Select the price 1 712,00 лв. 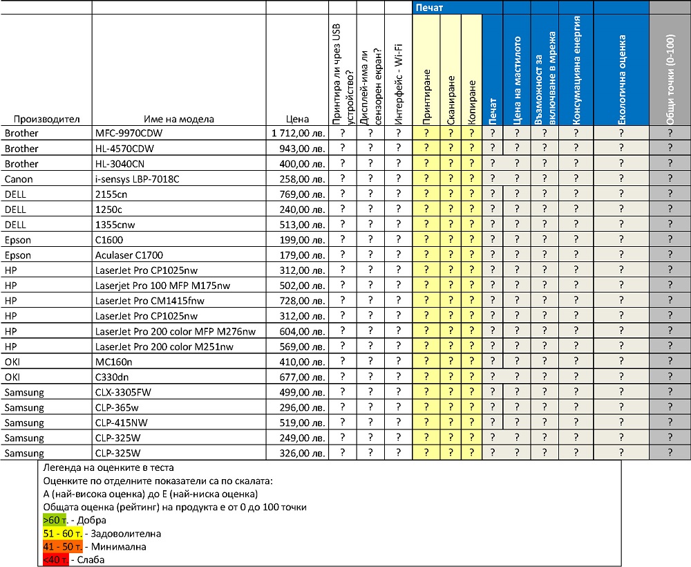pos(298,133)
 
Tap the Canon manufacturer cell pos(19,179)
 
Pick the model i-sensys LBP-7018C pos(137,179)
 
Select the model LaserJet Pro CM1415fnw pos(150,301)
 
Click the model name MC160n pos(115,362)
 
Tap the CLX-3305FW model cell pos(124,392)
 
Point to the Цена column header pos(297,119)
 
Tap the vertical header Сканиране pos(451,100)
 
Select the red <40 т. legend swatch pos(55,559)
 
